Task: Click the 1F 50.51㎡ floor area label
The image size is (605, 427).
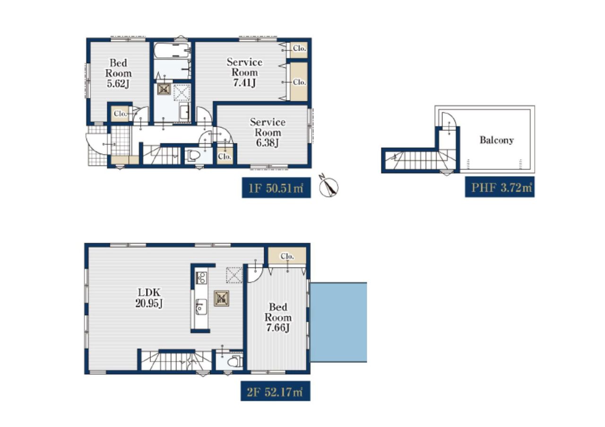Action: [x=276, y=188]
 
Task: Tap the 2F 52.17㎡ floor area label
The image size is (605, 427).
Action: [x=275, y=391]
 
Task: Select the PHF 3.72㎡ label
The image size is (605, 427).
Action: [x=500, y=187]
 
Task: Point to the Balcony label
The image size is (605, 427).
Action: [x=496, y=140]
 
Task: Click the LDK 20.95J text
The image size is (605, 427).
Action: [x=149, y=298]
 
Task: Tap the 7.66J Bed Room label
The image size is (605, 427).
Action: [x=278, y=317]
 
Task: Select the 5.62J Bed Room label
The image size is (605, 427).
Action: [x=118, y=73]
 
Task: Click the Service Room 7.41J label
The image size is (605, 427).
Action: [x=244, y=72]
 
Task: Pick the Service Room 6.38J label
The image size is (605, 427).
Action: [x=268, y=132]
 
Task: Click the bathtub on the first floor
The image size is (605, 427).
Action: [x=172, y=50]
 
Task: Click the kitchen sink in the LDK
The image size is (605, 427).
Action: [x=201, y=307]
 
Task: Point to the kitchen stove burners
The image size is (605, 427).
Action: [x=201, y=278]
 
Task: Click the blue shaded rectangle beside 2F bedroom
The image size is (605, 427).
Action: [x=338, y=322]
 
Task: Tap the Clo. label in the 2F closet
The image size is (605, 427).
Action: [x=287, y=256]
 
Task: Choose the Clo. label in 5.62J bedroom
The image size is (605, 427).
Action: [x=121, y=114]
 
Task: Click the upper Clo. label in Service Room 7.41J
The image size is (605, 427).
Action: [x=299, y=49]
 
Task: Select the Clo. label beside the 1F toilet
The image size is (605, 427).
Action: [x=225, y=156]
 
